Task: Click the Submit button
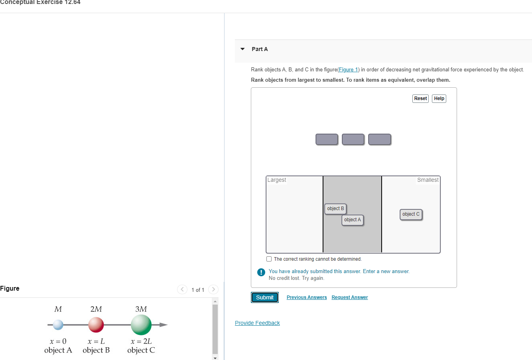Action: tap(265, 297)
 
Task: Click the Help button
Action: tap(439, 98)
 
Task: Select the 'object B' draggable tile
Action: tap(335, 209)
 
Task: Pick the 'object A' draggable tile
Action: tap(353, 220)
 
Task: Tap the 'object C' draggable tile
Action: tap(411, 214)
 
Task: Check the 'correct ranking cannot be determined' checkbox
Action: tap(269, 259)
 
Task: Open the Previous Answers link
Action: tap(307, 297)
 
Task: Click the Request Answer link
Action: tap(350, 297)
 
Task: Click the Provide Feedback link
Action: tap(257, 323)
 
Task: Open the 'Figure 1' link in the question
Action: tap(349, 70)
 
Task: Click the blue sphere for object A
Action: tap(58, 325)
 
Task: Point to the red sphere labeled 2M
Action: tap(96, 325)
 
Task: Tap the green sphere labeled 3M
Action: tap(141, 325)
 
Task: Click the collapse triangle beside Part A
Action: tap(242, 49)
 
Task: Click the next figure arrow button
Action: tap(213, 289)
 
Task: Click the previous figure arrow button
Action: tap(182, 289)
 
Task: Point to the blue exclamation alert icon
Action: tap(261, 272)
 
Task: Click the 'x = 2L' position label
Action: tap(141, 341)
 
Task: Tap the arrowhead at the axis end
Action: tap(164, 325)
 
